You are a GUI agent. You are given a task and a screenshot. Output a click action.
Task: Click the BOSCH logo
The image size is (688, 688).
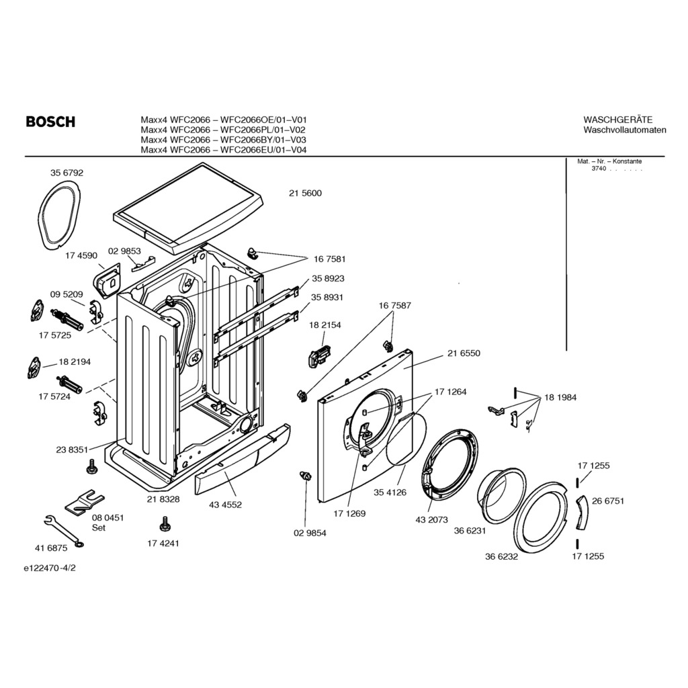click(50, 122)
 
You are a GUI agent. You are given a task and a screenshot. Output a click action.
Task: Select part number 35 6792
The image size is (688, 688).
click(67, 173)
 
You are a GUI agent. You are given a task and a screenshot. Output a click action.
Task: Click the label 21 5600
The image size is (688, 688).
click(306, 193)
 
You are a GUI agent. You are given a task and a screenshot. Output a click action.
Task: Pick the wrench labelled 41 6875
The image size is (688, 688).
click(64, 531)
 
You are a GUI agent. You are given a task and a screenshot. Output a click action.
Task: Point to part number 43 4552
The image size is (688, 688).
click(226, 505)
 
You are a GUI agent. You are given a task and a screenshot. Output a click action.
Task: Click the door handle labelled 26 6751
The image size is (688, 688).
click(582, 513)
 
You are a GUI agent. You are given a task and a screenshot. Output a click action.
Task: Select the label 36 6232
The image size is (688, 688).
click(501, 557)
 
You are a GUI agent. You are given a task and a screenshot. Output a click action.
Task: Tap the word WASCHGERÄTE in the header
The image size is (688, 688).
click(618, 120)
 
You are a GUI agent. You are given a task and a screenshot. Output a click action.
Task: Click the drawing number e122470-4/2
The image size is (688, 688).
click(50, 568)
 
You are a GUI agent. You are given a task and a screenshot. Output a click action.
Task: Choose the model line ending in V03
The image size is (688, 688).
click(223, 140)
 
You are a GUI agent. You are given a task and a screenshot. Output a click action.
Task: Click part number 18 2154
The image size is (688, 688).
click(325, 325)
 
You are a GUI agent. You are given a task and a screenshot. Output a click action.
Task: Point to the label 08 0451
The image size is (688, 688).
click(108, 518)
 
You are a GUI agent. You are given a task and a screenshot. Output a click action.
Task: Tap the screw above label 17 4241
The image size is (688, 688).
click(165, 524)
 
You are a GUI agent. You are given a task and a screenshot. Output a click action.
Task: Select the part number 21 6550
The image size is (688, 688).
click(464, 353)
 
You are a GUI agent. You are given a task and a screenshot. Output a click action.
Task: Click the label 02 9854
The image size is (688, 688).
click(310, 533)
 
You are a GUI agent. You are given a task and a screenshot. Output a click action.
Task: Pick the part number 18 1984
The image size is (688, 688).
click(560, 398)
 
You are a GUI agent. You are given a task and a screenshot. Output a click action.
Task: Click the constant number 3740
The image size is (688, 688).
click(599, 169)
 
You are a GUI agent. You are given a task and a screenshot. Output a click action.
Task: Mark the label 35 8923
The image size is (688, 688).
click(328, 279)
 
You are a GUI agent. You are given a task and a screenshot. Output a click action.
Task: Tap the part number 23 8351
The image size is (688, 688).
click(73, 449)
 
